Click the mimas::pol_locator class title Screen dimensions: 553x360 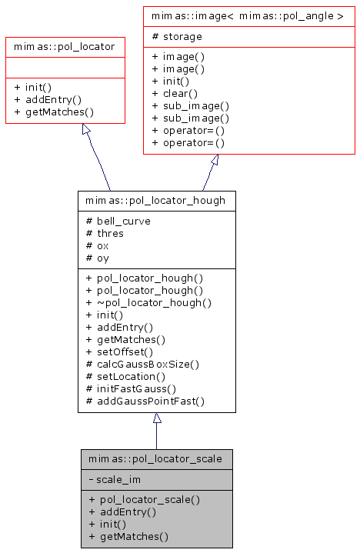(65, 47)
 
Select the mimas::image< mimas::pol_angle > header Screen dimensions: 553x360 (248, 15)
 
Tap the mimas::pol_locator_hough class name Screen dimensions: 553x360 (156, 201)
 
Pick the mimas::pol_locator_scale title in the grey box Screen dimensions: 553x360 (156, 459)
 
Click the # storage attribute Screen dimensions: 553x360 (177, 36)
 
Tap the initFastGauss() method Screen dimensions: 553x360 (131, 388)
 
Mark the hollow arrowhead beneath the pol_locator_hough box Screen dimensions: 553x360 (157, 418)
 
